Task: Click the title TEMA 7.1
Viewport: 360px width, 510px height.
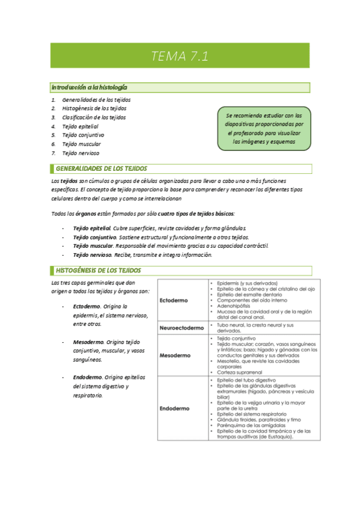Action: point(180,57)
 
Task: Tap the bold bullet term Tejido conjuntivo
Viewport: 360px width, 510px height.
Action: point(94,237)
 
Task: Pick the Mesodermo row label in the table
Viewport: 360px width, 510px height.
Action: point(175,355)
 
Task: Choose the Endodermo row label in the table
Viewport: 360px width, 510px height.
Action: point(175,408)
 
